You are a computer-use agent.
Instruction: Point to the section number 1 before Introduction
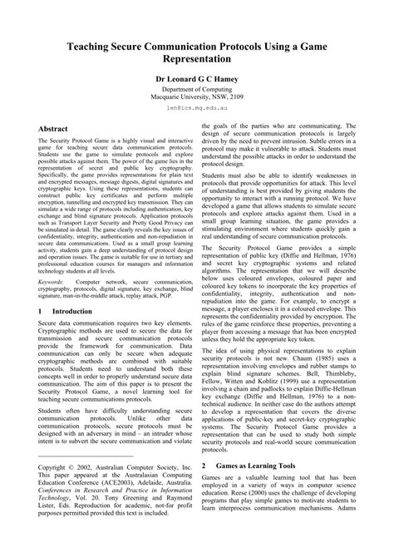pos(42,310)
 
